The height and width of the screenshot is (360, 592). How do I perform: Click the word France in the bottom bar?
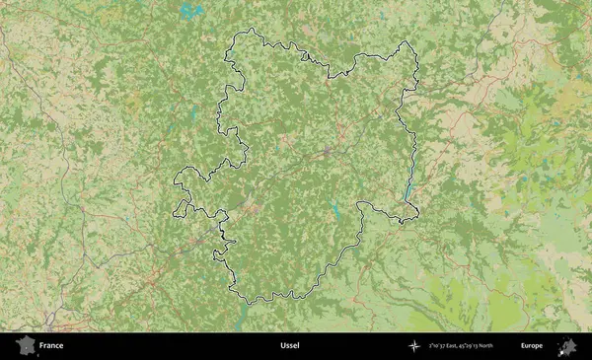click(51, 346)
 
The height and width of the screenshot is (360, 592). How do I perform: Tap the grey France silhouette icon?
click(24, 345)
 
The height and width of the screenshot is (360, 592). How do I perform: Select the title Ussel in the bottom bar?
click(289, 346)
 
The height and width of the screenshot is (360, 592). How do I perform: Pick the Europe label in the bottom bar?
click(532, 346)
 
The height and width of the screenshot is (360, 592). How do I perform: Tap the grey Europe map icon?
click(566, 345)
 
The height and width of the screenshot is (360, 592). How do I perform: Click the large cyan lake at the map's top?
click(187, 12)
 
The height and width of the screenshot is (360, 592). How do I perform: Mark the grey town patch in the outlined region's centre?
click(327, 152)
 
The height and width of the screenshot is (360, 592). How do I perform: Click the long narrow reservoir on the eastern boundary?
click(407, 189)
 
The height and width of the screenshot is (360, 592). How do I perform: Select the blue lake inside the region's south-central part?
click(336, 209)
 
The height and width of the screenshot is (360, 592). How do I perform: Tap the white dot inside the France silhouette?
click(25, 345)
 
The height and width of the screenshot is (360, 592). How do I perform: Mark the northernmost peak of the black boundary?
click(252, 30)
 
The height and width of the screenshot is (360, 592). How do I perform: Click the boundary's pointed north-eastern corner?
click(407, 42)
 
